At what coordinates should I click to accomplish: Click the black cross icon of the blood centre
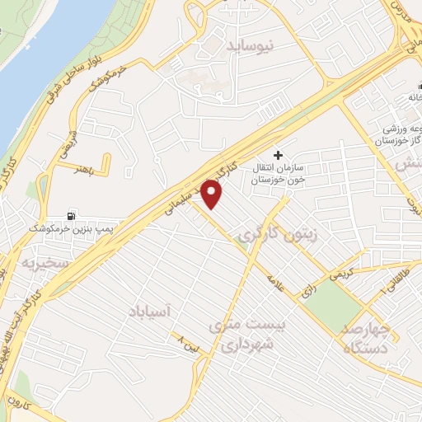point(278,154)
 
